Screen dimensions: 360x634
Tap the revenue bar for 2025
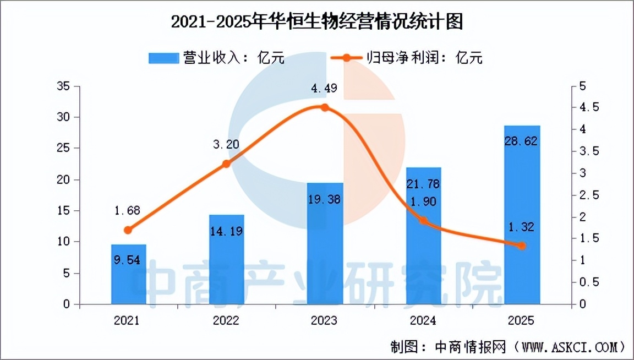click(x=522, y=220)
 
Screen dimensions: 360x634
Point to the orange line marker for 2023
click(x=325, y=107)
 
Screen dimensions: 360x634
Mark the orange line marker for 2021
click(x=129, y=230)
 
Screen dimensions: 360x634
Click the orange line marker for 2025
click(x=522, y=246)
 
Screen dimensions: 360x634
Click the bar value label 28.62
click(x=522, y=141)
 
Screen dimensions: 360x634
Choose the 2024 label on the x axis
click(x=423, y=320)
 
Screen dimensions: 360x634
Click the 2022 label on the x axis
click(x=227, y=320)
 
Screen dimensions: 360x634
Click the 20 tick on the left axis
click(x=65, y=180)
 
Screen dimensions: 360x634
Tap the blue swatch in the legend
click(x=164, y=58)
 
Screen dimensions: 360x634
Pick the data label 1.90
click(x=423, y=201)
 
